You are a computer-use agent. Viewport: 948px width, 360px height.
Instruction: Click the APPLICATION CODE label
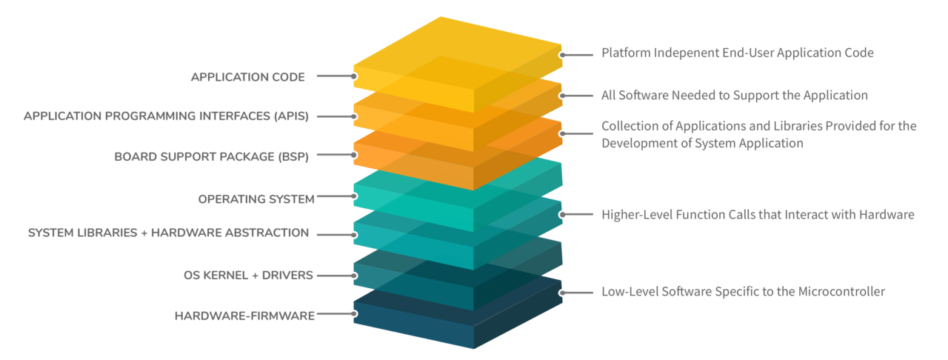pyautogui.click(x=247, y=76)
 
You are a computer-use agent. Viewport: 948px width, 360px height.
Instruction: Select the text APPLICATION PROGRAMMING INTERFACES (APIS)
pyautogui.click(x=165, y=116)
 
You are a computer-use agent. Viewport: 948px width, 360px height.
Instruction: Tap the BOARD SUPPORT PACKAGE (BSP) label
pyautogui.click(x=210, y=156)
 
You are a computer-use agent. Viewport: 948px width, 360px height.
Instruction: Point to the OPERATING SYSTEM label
pyautogui.click(x=256, y=199)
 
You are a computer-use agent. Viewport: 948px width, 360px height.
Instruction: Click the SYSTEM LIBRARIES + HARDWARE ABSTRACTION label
pyautogui.click(x=168, y=233)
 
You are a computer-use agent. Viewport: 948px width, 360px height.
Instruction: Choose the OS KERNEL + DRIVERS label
pyautogui.click(x=248, y=276)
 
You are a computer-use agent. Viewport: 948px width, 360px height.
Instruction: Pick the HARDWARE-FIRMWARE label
pyautogui.click(x=244, y=316)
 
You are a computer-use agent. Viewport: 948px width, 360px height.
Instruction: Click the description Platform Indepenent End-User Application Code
pyautogui.click(x=737, y=53)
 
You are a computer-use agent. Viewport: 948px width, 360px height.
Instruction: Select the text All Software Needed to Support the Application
pyautogui.click(x=734, y=95)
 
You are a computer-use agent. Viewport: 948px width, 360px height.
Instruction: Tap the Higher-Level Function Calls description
pyautogui.click(x=758, y=215)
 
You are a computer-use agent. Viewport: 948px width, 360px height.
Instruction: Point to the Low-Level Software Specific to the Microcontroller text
pyautogui.click(x=743, y=292)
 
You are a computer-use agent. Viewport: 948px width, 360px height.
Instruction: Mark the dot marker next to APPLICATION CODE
pyautogui.click(x=354, y=76)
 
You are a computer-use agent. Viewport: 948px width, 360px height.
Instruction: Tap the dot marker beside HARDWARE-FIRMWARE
pyautogui.click(x=354, y=314)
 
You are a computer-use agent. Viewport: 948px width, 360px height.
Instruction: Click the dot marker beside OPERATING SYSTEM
pyautogui.click(x=354, y=196)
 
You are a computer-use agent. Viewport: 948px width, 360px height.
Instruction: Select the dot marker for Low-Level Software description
pyautogui.click(x=563, y=293)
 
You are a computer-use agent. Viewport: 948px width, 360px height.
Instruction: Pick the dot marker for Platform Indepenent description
pyautogui.click(x=563, y=54)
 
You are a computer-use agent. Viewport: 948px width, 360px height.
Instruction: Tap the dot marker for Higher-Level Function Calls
pyautogui.click(x=563, y=215)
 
